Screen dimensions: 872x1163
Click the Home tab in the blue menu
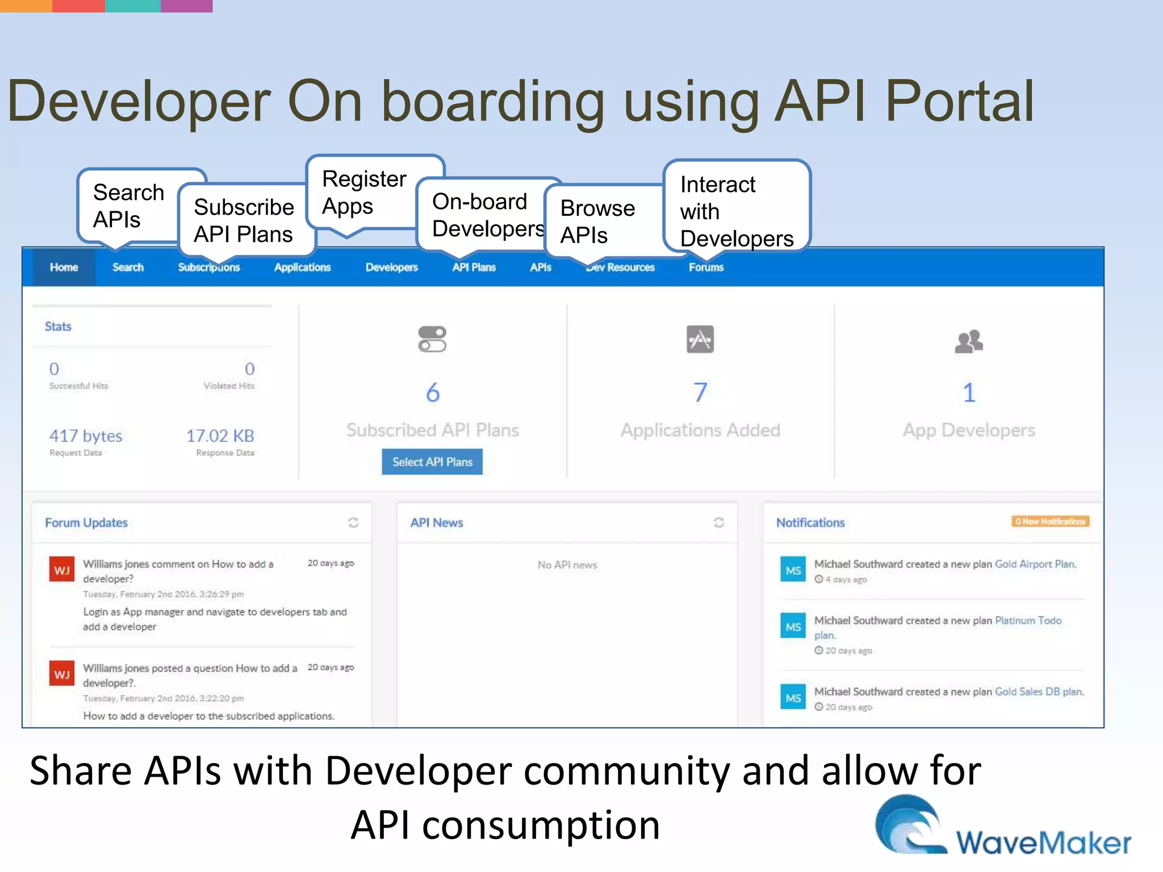[64, 267]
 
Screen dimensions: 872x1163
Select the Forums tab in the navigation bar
[706, 267]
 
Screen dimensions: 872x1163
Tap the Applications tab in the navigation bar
[302, 267]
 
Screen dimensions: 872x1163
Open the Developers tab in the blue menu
[391, 267]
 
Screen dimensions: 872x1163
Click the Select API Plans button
[432, 462]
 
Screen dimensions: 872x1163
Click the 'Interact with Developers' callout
[737, 211]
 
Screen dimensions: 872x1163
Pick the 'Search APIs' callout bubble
[128, 206]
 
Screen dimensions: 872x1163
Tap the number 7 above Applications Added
[700, 392]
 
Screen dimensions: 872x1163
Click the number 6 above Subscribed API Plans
[433, 392]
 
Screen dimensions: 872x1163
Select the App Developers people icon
[969, 341]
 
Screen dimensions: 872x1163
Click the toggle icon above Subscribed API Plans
[432, 339]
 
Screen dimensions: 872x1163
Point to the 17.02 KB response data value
[220, 436]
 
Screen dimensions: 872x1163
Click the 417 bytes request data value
[86, 436]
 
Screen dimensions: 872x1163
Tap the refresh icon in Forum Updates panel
[353, 522]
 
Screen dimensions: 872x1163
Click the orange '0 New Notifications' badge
[1050, 521]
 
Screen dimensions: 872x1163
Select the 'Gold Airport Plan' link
[1035, 564]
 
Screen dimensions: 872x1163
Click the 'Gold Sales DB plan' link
[1039, 691]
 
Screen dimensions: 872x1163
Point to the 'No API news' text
[567, 565]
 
